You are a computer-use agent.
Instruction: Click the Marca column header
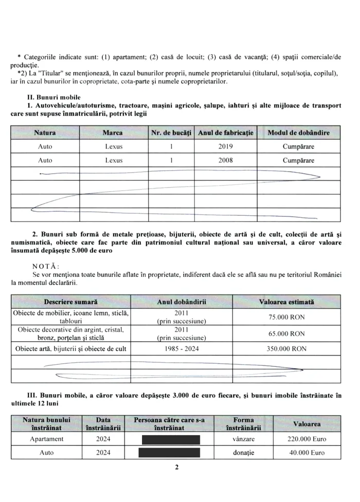tap(113, 133)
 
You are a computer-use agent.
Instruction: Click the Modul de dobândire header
tap(299, 133)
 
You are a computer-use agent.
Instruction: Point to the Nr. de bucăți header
tap(171, 133)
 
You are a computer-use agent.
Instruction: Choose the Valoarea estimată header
tap(287, 302)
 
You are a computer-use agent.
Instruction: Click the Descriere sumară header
tap(71, 302)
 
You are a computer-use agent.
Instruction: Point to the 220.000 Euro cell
tap(307, 439)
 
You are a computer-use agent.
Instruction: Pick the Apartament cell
tap(47, 439)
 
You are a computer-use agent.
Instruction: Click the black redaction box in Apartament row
tap(172, 439)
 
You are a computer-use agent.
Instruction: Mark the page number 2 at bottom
tap(176, 468)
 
